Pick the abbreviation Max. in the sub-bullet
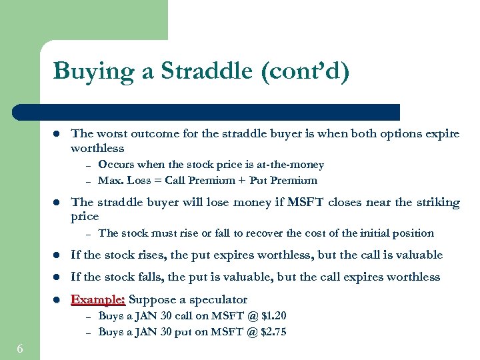click(x=110, y=181)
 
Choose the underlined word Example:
click(x=98, y=299)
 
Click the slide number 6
click(x=21, y=349)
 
